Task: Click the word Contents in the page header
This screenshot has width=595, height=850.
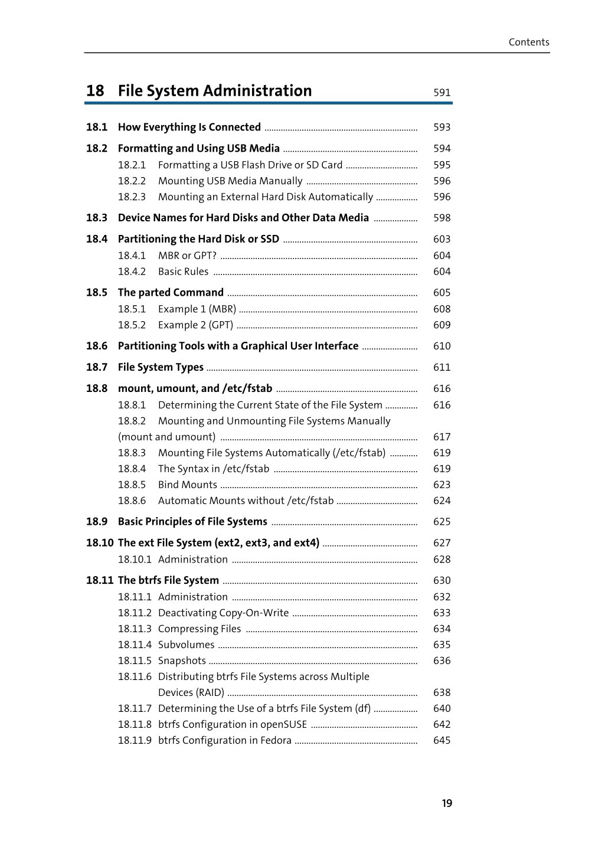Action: pos(528,42)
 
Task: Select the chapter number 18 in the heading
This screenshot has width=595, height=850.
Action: pos(95,91)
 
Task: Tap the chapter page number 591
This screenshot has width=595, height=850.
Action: pos(442,93)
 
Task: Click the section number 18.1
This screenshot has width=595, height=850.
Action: pos(97,127)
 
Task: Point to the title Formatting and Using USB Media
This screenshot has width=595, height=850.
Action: pos(198,149)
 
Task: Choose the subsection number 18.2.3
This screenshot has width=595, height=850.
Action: pos(132,197)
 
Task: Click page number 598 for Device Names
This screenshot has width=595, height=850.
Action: pos(442,218)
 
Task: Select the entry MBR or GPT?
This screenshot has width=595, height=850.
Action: pos(187,256)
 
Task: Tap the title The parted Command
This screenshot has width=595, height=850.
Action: pos(171,293)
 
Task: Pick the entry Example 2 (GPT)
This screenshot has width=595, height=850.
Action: pos(195,325)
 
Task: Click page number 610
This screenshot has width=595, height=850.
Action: pos(442,346)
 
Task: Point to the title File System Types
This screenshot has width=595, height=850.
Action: pos(161,368)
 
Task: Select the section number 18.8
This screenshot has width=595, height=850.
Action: pos(97,389)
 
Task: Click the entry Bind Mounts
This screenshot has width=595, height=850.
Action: pos(187,485)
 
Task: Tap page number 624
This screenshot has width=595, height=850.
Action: pos(442,501)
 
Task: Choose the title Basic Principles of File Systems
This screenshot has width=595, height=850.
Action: pos(192,522)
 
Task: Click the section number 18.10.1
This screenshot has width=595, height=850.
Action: pos(135,560)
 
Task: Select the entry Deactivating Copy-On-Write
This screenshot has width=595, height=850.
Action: pos(223,613)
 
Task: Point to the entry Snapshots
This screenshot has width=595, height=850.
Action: pos(182,661)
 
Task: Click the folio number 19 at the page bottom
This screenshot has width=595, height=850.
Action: pos(447,803)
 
